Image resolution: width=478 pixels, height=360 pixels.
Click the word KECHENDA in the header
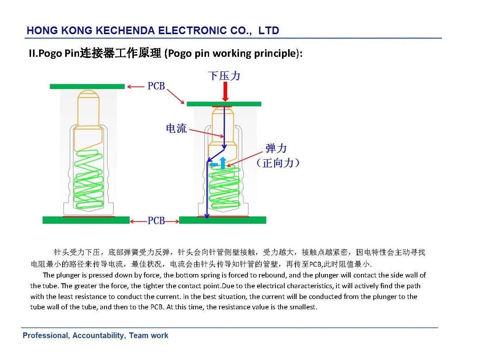pyautogui.click(x=125, y=30)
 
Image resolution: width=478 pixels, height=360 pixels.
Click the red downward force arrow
pyautogui.click(x=226, y=91)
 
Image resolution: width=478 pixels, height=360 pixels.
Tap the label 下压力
pyautogui.click(x=224, y=76)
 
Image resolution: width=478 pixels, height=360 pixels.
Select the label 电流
pyautogui.click(x=176, y=128)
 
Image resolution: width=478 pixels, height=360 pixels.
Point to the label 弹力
pyautogui.click(x=276, y=148)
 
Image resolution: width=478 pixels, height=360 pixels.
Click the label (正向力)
pyautogui.click(x=278, y=163)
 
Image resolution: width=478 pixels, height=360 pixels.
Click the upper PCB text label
pyautogui.click(x=156, y=86)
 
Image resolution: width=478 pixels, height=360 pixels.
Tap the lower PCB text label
pyautogui.click(x=156, y=221)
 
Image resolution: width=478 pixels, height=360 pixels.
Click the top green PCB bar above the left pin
pyautogui.click(x=87, y=86)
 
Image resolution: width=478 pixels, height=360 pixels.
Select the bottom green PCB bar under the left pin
pyautogui.click(x=86, y=220)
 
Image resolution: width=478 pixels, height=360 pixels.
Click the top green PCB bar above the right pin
pyautogui.click(x=224, y=104)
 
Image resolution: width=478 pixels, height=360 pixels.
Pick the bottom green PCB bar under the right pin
pyautogui.click(x=223, y=220)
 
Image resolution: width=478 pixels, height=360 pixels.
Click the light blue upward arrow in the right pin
pyautogui.click(x=223, y=163)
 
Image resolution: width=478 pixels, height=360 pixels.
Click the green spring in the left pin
pyautogui.click(x=88, y=179)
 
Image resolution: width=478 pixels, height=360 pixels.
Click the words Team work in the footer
pyautogui.click(x=148, y=335)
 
